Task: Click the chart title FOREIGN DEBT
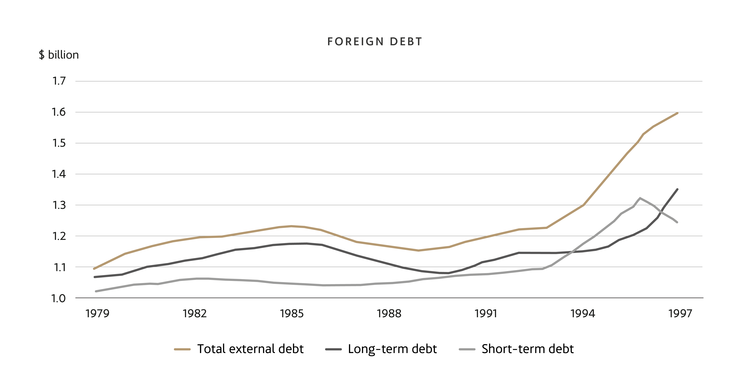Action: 375,42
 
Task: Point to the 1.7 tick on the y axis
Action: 59,81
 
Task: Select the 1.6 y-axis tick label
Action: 59,112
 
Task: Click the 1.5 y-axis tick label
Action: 59,143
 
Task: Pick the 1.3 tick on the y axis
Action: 59,205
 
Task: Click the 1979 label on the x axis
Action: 97,314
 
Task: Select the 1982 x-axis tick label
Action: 194,314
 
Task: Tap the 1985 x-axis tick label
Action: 292,314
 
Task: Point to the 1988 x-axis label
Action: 389,314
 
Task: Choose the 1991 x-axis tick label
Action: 486,314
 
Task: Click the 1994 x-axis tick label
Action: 583,314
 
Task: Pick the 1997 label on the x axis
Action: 680,314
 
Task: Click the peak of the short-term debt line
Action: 640,198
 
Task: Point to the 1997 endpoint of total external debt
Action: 678,113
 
